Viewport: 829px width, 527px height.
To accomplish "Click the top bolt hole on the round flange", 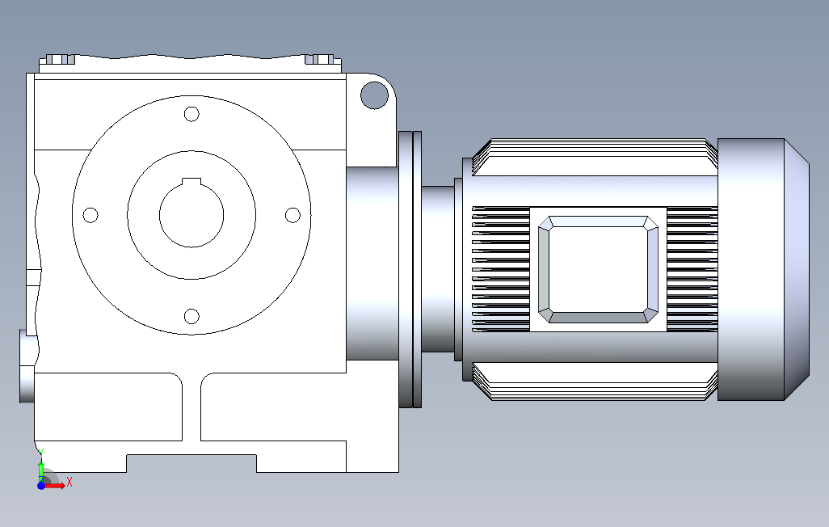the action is pyautogui.click(x=191, y=114).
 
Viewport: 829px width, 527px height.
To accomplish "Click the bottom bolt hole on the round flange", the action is pyautogui.click(x=191, y=316).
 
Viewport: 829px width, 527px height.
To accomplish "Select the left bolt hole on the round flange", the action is pyautogui.click(x=90, y=215).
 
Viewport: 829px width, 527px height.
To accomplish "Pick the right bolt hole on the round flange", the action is pyautogui.click(x=292, y=215).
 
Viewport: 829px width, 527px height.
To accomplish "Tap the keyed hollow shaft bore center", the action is pyautogui.click(x=191, y=215).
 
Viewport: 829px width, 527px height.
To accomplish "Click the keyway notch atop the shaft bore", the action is pyautogui.click(x=191, y=182).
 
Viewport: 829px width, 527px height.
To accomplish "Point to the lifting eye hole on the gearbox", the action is pyautogui.click(x=374, y=95).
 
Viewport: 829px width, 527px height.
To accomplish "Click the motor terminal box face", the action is pyautogui.click(x=598, y=269).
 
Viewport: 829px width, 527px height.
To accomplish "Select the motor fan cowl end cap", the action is pyautogui.click(x=763, y=269).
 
